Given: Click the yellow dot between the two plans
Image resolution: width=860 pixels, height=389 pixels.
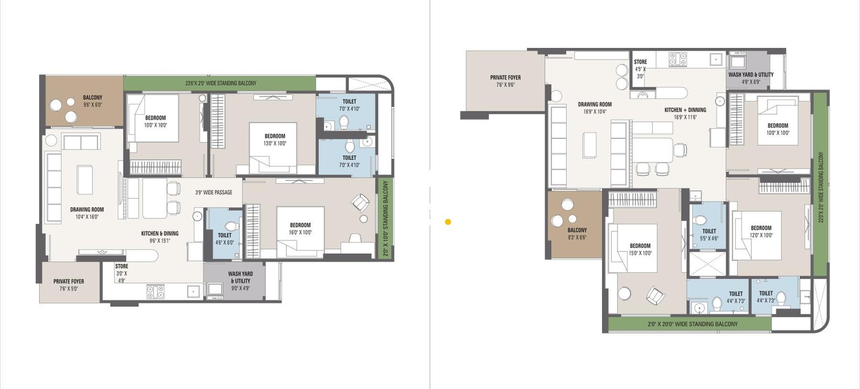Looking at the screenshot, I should (448, 222).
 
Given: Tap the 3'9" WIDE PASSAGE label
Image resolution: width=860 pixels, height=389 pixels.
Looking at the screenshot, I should (214, 193).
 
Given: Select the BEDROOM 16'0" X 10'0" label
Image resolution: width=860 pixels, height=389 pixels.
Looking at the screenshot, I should (300, 229).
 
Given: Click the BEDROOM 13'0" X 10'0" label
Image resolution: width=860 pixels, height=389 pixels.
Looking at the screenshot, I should (275, 140).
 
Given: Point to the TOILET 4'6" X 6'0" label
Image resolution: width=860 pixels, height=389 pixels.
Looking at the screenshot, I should (225, 239).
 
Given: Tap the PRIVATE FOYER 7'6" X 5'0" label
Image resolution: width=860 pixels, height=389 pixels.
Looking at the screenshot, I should (69, 285).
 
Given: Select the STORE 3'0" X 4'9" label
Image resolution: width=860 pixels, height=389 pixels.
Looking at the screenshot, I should (121, 273).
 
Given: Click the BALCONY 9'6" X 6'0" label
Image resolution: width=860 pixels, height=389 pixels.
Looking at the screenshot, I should (92, 101).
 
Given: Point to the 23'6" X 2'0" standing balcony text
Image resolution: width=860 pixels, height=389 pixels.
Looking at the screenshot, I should (221, 83).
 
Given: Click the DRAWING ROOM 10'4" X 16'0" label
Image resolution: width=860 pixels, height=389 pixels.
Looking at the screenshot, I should (87, 213).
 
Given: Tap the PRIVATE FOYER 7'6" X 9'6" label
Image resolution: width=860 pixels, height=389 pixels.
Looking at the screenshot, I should (505, 81).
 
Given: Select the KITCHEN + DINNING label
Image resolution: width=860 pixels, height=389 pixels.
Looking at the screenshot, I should (685, 113).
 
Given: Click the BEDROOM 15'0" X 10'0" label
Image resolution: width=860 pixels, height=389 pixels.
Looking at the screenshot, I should (640, 249).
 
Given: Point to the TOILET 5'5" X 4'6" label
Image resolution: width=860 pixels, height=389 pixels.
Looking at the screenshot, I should (709, 235).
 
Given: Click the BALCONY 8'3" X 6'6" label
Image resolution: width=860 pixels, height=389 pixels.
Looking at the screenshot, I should (577, 234).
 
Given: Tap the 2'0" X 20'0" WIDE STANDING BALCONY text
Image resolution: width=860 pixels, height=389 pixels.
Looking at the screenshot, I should (692, 324).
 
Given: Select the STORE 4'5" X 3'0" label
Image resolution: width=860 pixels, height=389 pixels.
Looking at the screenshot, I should (640, 69).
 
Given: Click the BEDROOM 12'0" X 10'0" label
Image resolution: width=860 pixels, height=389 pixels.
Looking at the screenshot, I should (761, 231).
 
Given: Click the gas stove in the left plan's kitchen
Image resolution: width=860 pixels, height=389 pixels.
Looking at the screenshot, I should (155, 292).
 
